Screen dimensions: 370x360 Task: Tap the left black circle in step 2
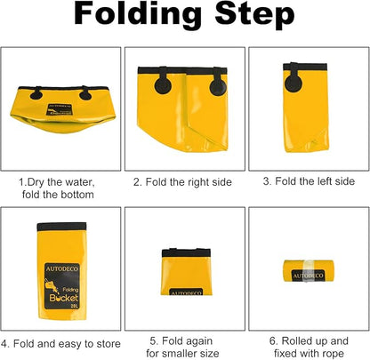click(163, 84)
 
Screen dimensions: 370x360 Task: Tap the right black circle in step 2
click(218, 86)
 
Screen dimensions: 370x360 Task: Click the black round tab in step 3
click(294, 83)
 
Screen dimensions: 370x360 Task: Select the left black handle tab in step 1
click(36, 93)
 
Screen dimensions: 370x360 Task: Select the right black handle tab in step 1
click(85, 93)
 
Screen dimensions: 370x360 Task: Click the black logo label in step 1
click(60, 109)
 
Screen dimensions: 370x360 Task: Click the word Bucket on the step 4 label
click(64, 298)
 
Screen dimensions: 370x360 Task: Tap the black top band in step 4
click(61, 227)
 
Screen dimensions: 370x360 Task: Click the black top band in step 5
click(186, 252)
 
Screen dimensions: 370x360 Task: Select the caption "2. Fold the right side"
click(182, 182)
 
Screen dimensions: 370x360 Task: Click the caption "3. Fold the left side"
click(309, 181)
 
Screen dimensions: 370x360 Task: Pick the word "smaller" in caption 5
click(182, 353)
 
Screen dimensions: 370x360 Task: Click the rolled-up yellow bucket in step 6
click(309, 271)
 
